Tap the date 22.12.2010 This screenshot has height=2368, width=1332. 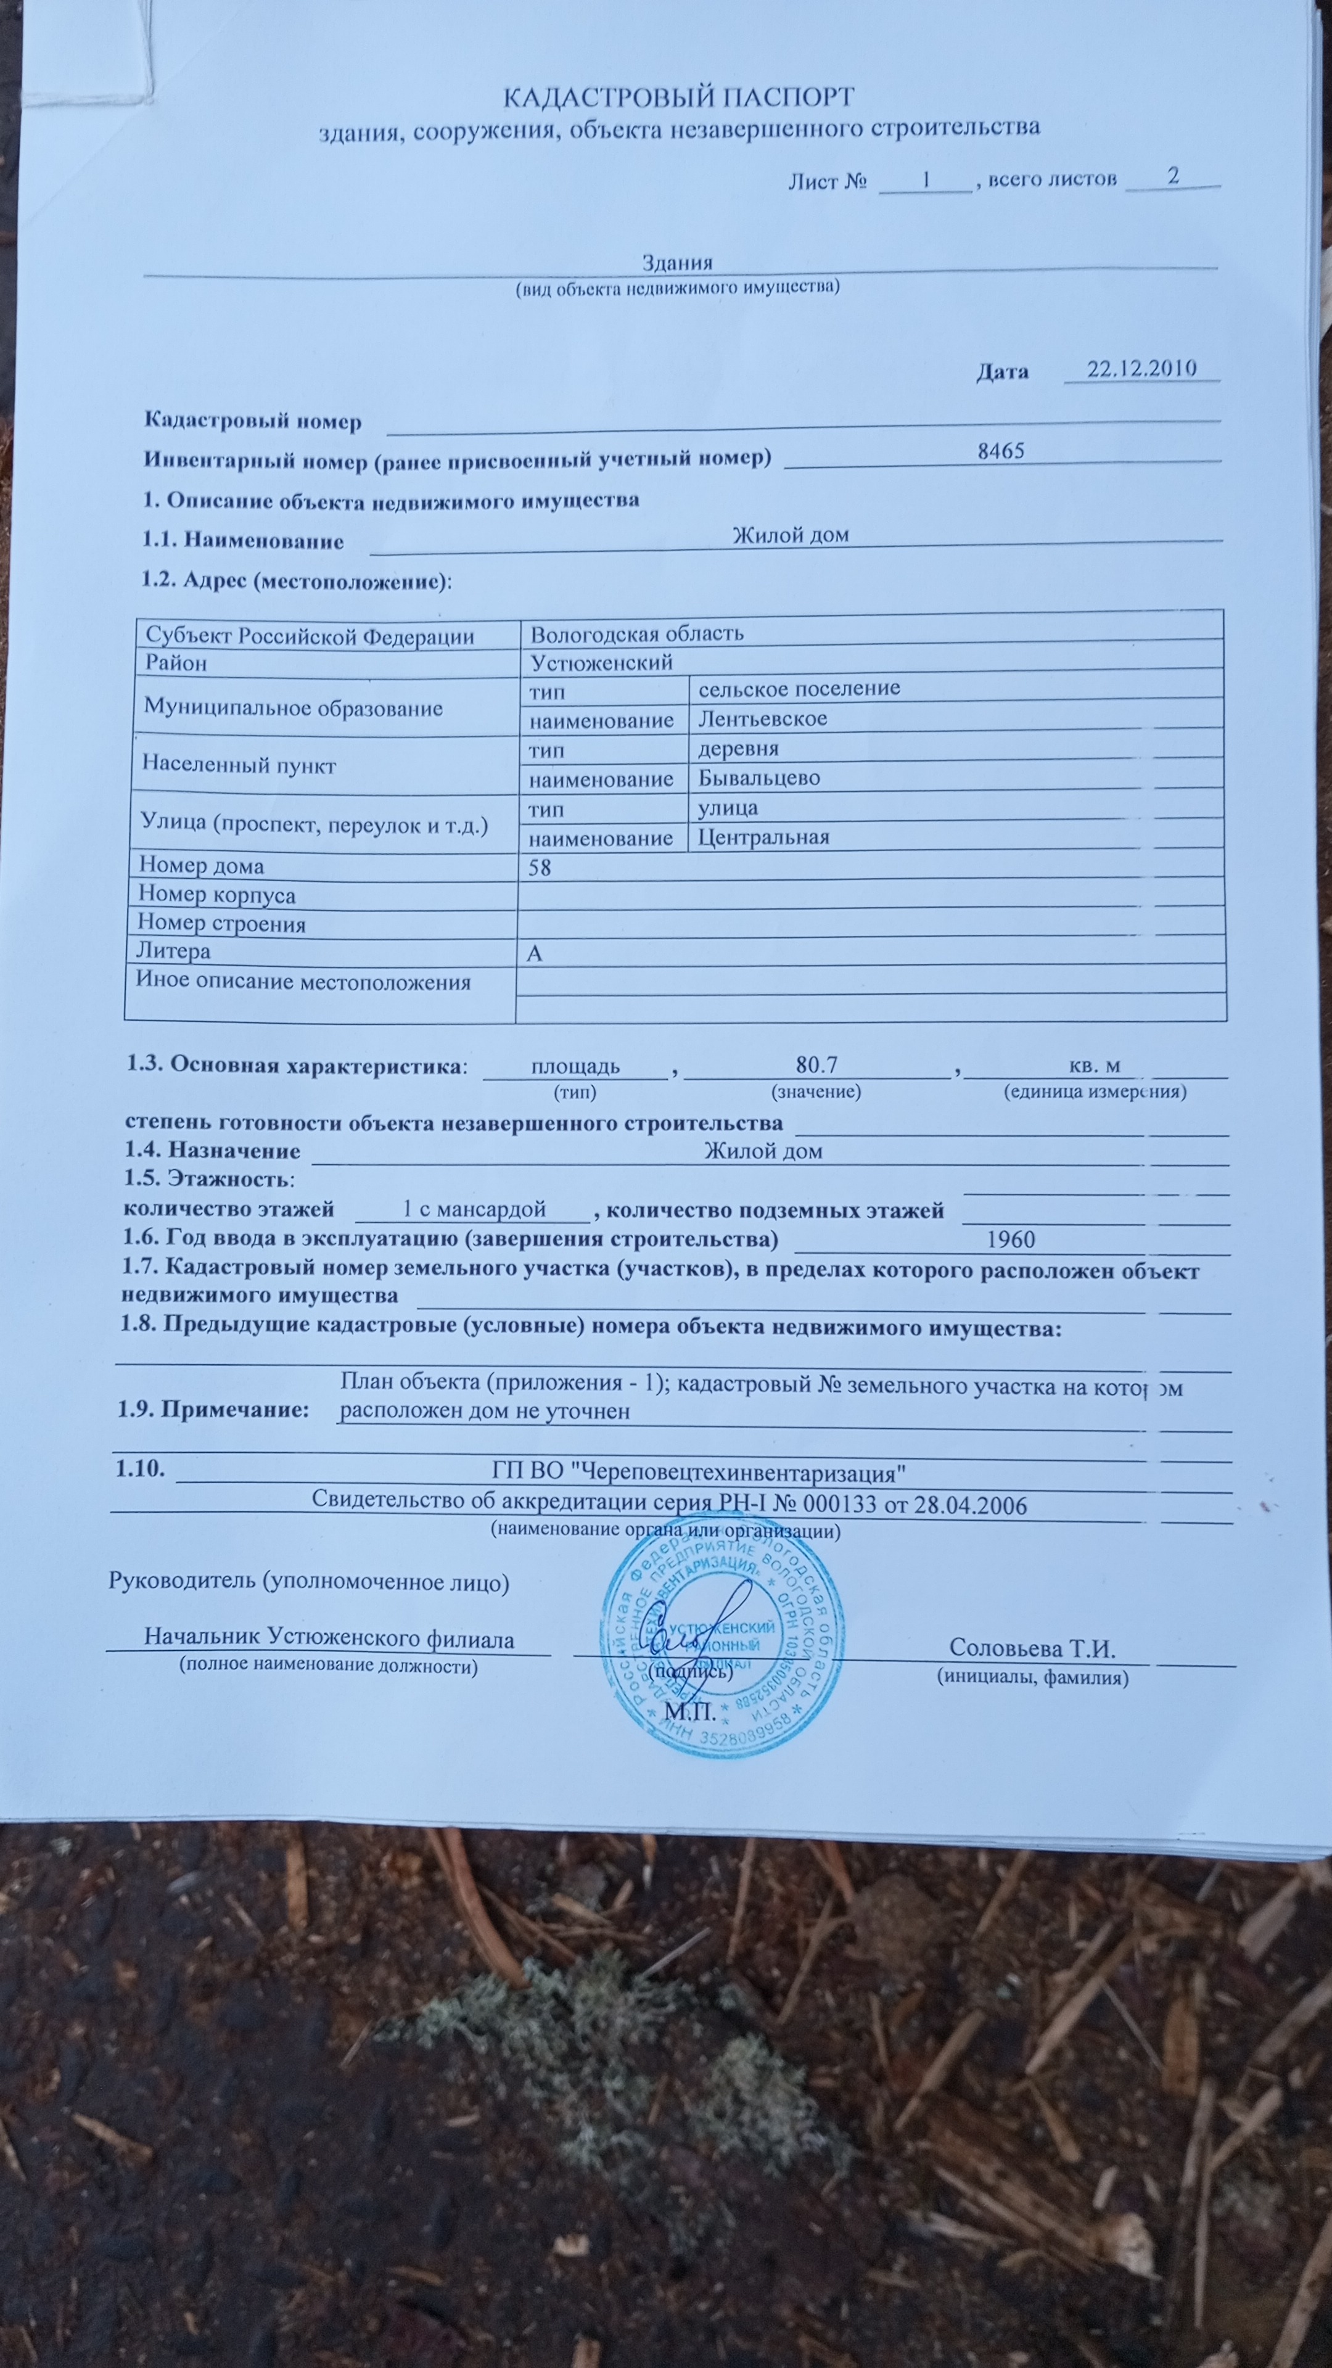(x=1141, y=369)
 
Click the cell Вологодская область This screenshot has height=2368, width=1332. (x=637, y=633)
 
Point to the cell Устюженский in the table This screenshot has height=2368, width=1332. (x=602, y=662)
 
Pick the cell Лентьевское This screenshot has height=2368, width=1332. (x=762, y=718)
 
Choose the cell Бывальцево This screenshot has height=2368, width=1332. (x=758, y=778)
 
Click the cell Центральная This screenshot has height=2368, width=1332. (x=763, y=837)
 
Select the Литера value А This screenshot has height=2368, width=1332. (x=534, y=953)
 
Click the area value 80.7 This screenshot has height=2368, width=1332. (x=816, y=1066)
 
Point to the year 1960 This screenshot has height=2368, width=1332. (x=1010, y=1239)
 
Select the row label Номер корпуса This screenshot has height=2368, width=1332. (x=216, y=894)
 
